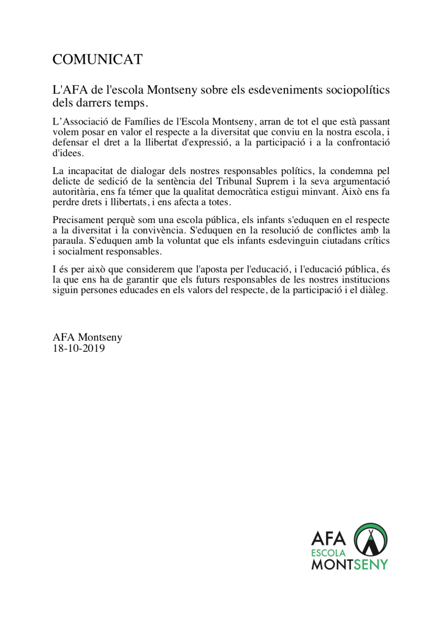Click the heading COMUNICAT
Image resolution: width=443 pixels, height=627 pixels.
tap(97, 59)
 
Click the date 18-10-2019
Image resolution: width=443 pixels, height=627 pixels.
tap(79, 348)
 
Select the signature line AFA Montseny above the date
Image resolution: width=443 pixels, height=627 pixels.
tap(88, 337)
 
